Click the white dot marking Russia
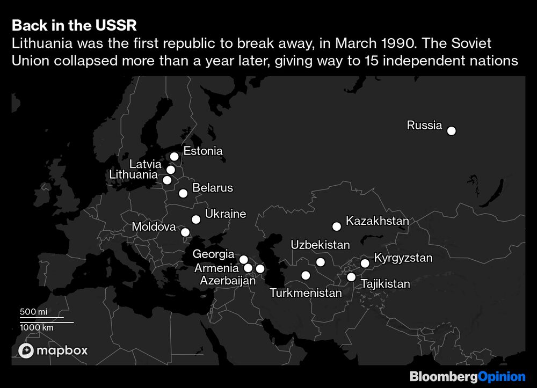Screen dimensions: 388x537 (452, 131)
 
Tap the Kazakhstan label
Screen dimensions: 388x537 (378, 221)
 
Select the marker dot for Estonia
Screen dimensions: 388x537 (174, 157)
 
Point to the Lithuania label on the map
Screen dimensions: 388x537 (133, 175)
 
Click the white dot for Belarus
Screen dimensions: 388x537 (183, 193)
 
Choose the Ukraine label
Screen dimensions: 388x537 (226, 214)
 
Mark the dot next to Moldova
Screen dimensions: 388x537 (185, 232)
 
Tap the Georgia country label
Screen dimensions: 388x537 (213, 254)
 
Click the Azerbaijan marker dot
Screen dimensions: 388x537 (260, 269)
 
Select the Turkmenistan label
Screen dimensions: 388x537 (306, 293)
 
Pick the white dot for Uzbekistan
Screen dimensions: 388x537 (321, 262)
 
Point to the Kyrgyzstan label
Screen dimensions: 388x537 (403, 258)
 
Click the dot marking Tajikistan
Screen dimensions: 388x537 (351, 277)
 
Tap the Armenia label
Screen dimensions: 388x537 (216, 268)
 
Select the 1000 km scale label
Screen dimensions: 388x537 (37, 327)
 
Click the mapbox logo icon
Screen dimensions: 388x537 (27, 351)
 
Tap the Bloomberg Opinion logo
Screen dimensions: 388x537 (467, 377)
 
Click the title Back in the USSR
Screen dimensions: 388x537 (73, 26)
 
